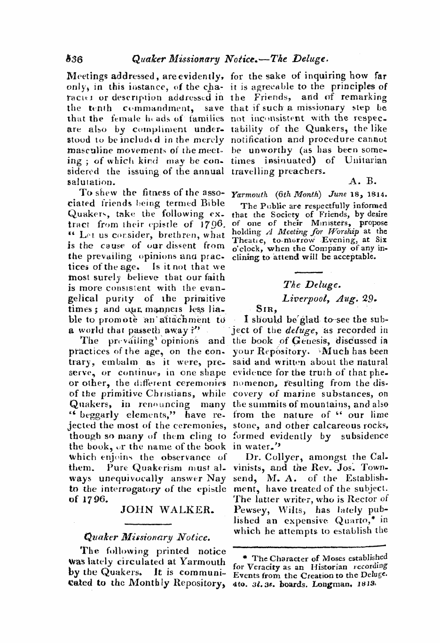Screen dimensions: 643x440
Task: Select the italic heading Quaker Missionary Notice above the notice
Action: click(x=146, y=537)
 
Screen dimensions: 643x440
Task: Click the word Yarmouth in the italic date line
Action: click(x=249, y=194)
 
